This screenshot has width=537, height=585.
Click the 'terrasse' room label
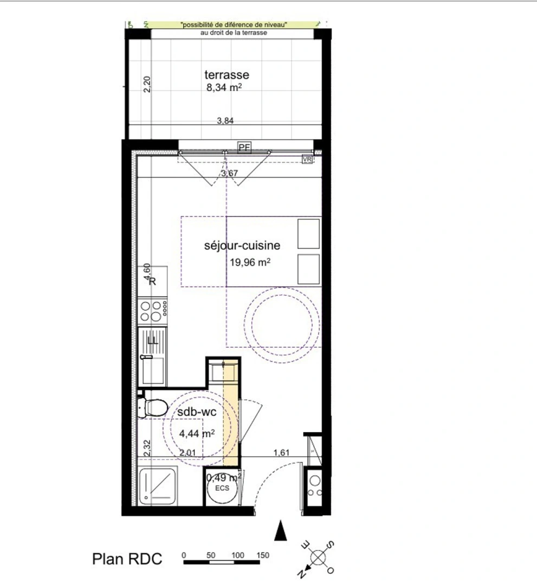[x=227, y=75]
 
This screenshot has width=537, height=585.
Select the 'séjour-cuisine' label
[x=242, y=246]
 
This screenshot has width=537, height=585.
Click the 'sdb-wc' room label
[x=197, y=413]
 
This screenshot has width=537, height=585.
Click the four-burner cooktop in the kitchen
[x=152, y=311]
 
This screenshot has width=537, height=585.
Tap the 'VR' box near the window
[x=307, y=159]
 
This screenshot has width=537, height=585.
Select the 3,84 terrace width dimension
[x=225, y=121]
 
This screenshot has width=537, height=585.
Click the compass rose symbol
[x=316, y=557]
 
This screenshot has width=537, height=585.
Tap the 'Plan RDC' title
[x=128, y=560]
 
